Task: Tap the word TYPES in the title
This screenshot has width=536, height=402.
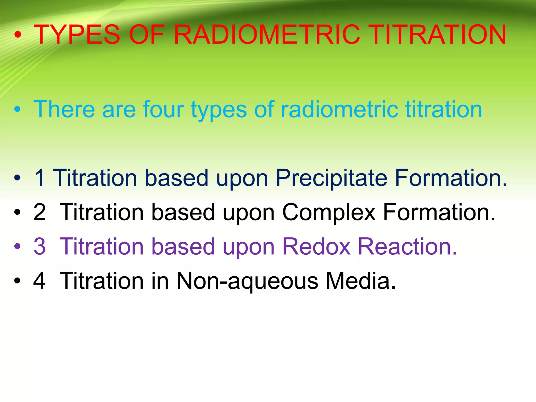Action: coord(77,35)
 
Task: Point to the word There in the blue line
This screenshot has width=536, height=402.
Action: coord(64,109)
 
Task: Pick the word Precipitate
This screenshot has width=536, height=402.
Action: coord(331,178)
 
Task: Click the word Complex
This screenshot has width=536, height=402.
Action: coord(329,213)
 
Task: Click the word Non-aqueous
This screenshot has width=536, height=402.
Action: coord(247,281)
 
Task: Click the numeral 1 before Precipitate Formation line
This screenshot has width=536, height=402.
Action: coord(40,178)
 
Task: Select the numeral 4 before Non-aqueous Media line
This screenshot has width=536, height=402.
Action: coord(40,281)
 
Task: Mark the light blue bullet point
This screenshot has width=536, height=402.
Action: coord(17,109)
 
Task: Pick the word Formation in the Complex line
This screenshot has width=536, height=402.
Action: coord(439,212)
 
